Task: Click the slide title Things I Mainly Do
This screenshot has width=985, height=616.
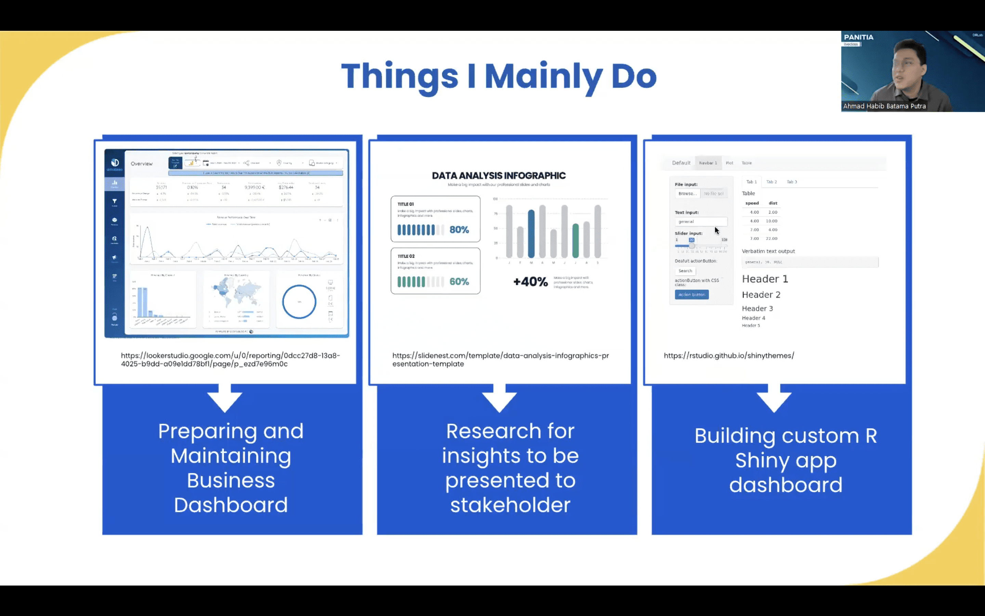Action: [x=499, y=76]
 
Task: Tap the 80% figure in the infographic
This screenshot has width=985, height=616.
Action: [x=459, y=230]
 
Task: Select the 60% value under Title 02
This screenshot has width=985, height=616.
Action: [x=459, y=282]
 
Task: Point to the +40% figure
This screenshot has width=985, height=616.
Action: [x=530, y=282]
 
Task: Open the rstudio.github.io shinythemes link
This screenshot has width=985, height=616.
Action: [x=728, y=356]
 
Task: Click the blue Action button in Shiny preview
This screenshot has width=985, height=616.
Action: [x=692, y=295]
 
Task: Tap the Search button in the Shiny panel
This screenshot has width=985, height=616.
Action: [x=685, y=271]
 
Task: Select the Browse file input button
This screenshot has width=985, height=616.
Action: [x=687, y=193]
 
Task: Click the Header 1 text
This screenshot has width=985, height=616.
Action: [x=765, y=279]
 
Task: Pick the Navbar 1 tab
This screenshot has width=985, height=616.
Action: [x=708, y=163]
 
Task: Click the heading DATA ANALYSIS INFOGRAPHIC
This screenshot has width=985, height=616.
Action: [x=499, y=176]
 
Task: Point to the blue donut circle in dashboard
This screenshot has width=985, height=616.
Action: [x=299, y=302]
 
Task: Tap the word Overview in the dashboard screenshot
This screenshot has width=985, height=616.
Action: [x=142, y=164]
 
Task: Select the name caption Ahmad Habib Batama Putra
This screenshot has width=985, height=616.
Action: [x=884, y=106]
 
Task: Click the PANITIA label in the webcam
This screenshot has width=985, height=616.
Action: [x=858, y=37]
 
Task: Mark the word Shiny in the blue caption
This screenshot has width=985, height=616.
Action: [x=762, y=461]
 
